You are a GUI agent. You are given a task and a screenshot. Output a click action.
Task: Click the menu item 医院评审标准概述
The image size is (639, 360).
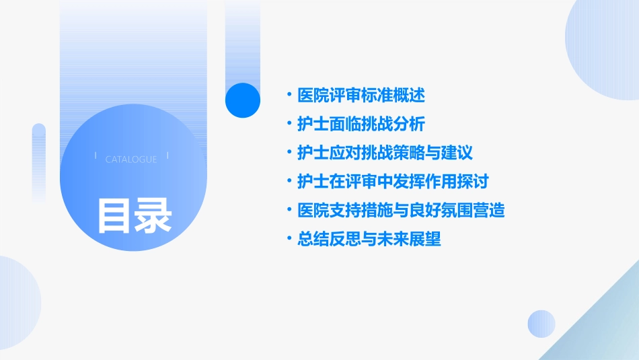(x=361, y=96)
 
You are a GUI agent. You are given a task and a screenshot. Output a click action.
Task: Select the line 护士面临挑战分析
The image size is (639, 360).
(x=361, y=124)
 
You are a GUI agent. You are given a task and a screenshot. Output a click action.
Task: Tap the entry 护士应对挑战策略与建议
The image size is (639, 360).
(x=385, y=153)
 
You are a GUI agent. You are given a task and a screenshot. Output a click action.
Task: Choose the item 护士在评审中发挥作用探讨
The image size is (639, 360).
(x=393, y=182)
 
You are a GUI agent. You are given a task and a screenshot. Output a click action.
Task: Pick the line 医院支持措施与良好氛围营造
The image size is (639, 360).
(x=401, y=211)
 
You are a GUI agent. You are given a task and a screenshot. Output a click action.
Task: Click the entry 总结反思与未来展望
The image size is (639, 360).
(x=369, y=239)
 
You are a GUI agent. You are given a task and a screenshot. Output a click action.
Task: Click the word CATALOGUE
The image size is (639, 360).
(x=131, y=159)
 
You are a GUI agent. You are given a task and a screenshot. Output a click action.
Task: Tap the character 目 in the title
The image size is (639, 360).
(x=114, y=215)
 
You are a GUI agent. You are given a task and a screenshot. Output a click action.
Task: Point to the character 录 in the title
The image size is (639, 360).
(x=153, y=215)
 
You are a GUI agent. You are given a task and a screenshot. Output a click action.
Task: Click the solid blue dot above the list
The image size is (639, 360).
(x=243, y=100)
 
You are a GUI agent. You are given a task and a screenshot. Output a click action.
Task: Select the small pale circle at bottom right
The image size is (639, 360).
(x=541, y=324)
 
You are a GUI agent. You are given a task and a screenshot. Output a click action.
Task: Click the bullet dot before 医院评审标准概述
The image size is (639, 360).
(x=289, y=96)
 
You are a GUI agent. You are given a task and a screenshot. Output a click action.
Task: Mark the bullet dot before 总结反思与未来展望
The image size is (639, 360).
(x=289, y=239)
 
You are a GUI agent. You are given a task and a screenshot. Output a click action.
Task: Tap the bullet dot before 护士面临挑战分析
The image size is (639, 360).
(x=289, y=124)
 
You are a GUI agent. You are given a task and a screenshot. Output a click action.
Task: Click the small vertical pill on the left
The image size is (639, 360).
(x=39, y=161)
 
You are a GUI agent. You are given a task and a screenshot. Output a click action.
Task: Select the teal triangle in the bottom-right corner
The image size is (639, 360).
(x=605, y=323)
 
